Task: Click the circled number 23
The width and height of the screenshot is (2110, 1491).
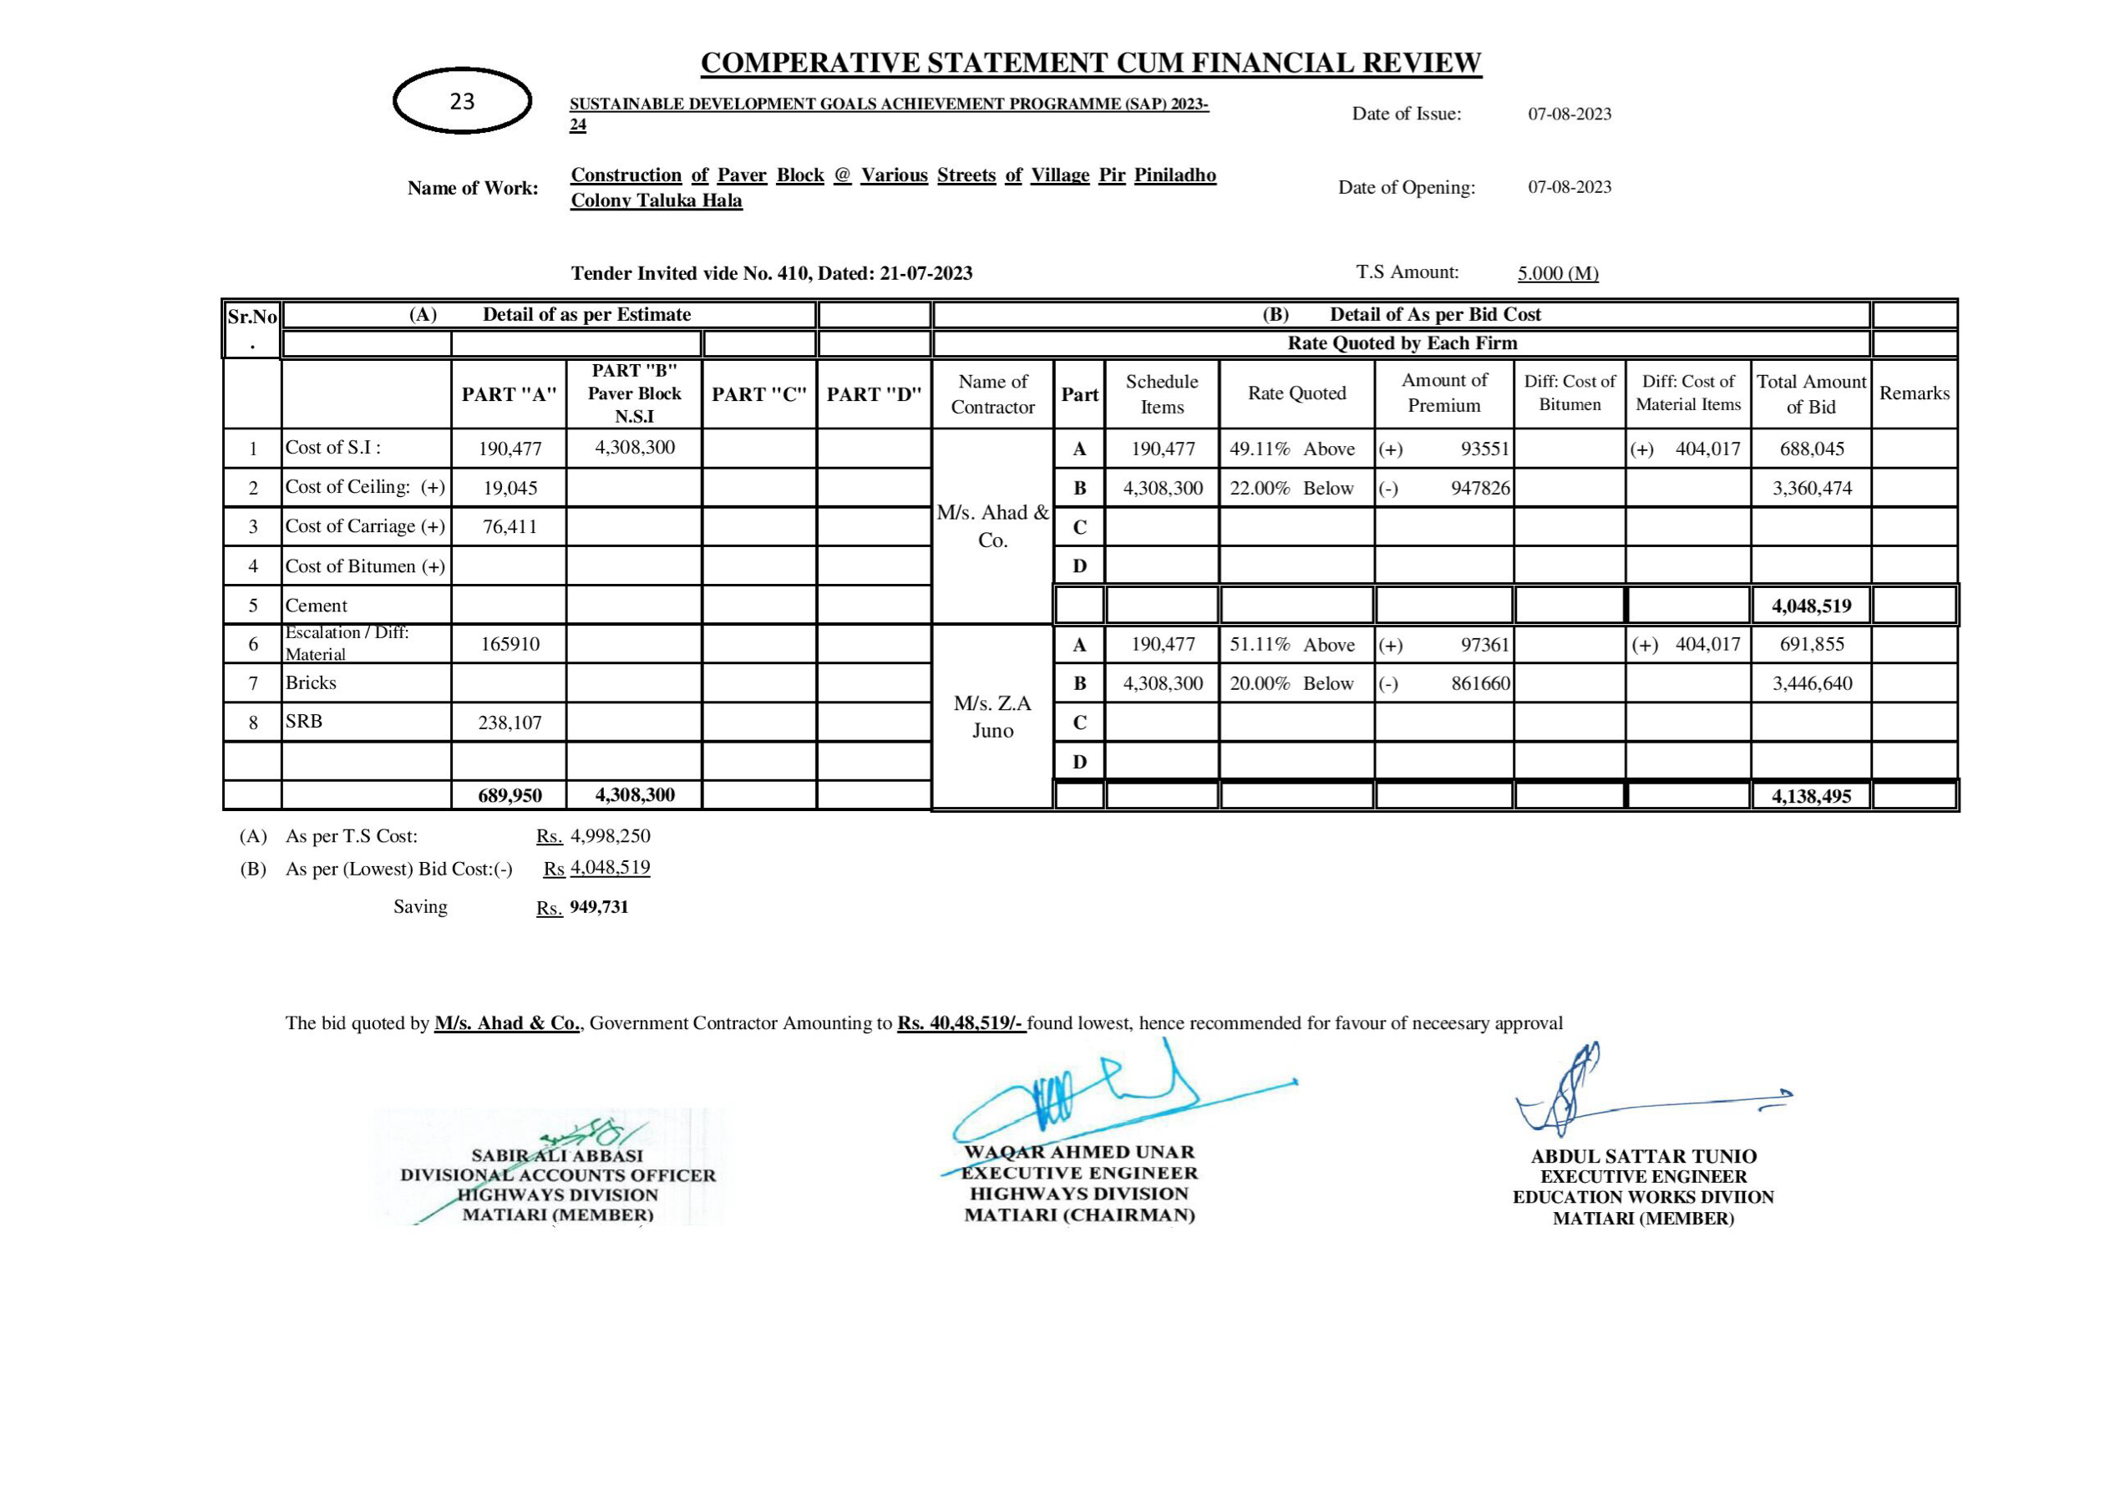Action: click(462, 101)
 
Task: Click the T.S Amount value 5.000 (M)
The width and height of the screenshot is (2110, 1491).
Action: click(1558, 273)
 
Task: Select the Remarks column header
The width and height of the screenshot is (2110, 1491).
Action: click(1915, 393)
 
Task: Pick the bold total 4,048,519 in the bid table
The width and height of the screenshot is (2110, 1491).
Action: click(1811, 606)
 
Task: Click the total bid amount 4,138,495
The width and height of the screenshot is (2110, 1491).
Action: click(1811, 796)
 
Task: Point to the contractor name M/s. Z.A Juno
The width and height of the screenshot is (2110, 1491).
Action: click(992, 717)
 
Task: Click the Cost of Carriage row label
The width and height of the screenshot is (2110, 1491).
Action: click(365, 527)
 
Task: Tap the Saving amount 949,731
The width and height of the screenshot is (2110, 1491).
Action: click(599, 907)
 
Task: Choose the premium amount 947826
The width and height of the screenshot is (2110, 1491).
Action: click(1479, 488)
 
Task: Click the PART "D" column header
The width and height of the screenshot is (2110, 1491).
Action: click(874, 394)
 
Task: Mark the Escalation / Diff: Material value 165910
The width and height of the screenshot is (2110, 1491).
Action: click(510, 644)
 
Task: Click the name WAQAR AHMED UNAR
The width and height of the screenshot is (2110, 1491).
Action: click(1080, 1153)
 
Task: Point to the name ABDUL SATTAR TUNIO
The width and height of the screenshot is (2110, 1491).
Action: click(1643, 1156)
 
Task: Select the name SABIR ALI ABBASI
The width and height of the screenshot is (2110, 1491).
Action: click(557, 1156)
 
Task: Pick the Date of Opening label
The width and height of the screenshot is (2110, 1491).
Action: click(1406, 188)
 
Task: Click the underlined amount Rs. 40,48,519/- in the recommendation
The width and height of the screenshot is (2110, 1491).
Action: click(961, 1023)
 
